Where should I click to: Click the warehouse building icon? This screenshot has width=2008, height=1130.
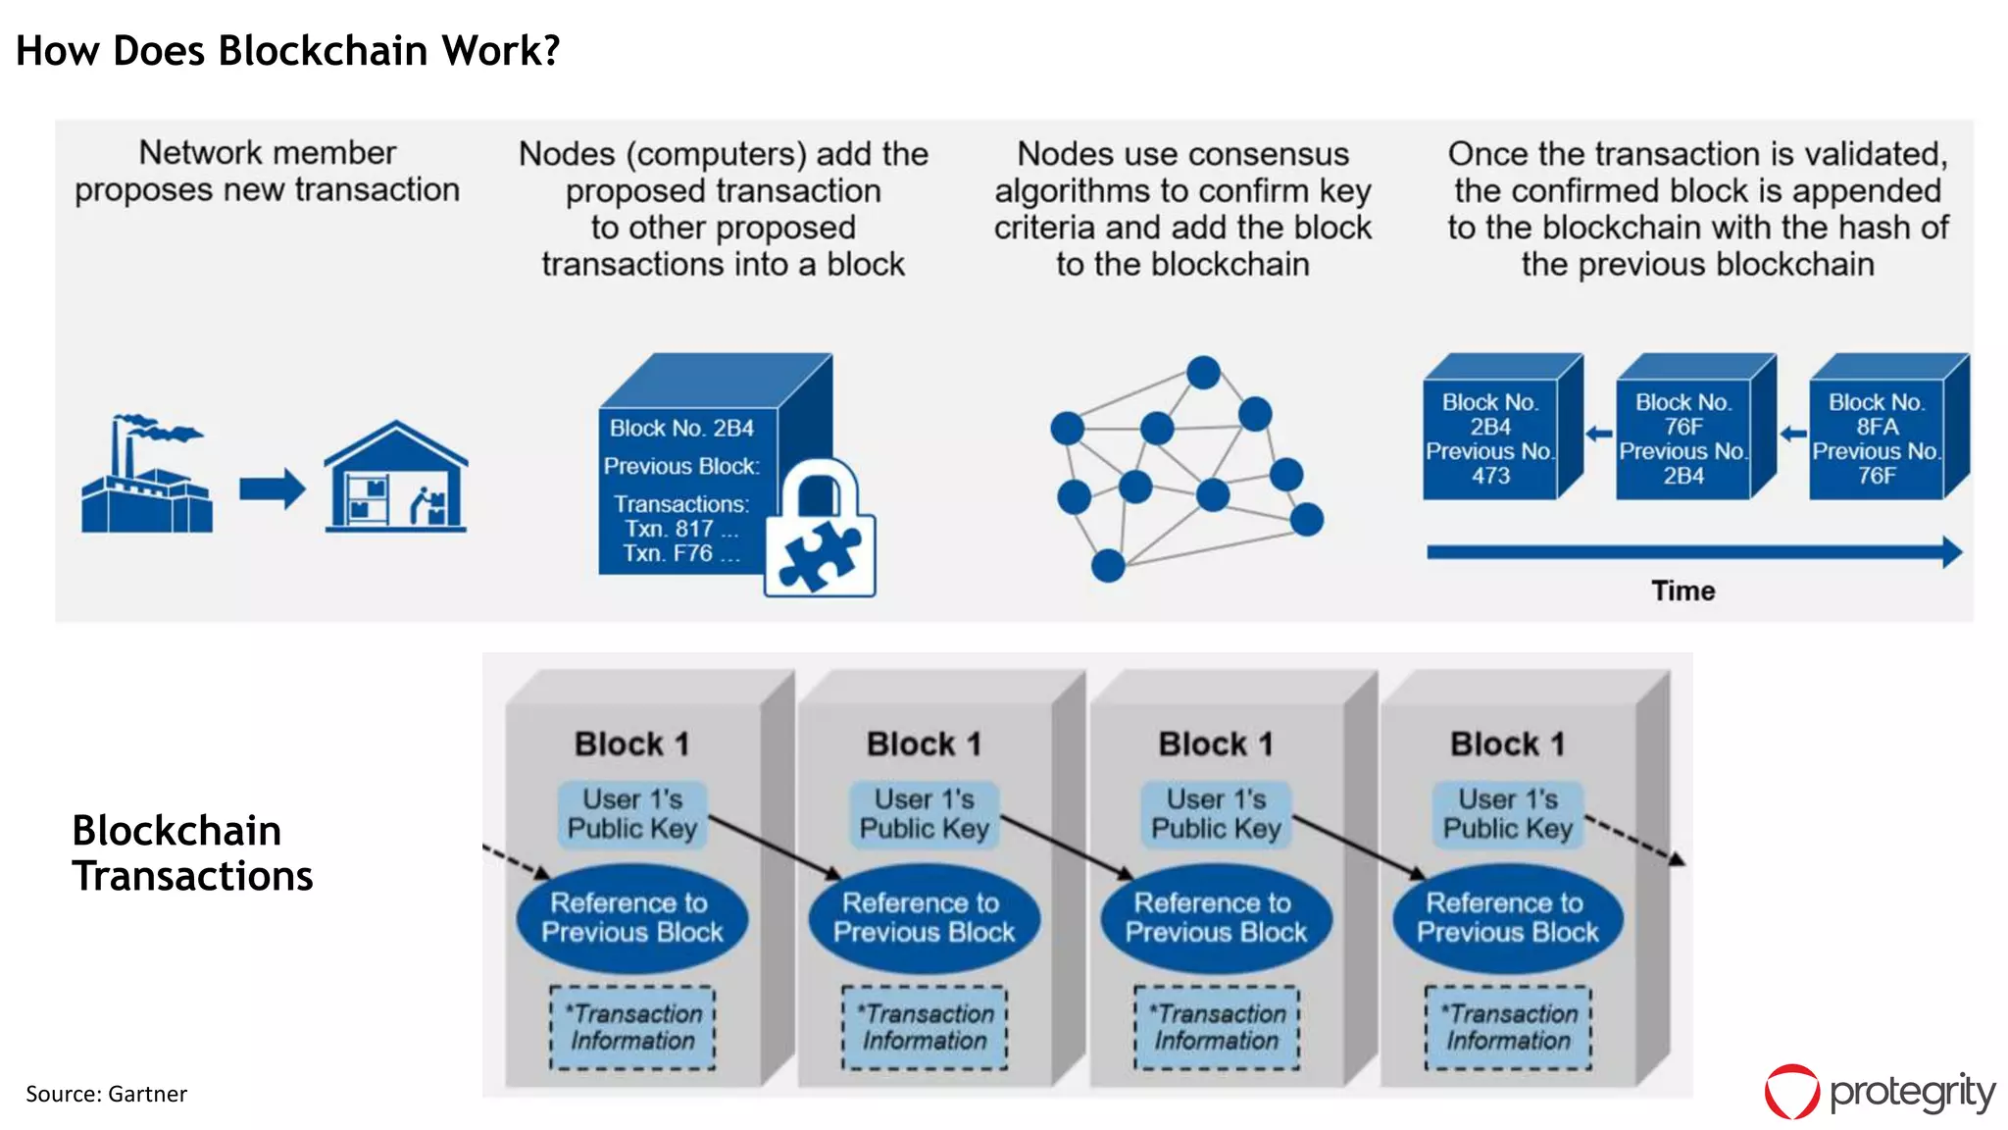click(396, 481)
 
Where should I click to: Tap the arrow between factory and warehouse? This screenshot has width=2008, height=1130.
click(272, 488)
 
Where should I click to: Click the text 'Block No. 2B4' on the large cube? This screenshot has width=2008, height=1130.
click(681, 429)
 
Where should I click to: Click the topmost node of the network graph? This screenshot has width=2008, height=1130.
click(1203, 373)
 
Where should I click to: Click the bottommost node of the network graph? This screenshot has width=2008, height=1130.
click(1108, 566)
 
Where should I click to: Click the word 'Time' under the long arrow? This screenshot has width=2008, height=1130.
click(1682, 591)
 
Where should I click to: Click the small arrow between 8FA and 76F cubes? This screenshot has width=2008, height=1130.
click(1793, 434)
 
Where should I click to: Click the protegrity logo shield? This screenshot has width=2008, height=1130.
click(1792, 1092)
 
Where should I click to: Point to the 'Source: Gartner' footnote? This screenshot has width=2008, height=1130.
click(106, 1094)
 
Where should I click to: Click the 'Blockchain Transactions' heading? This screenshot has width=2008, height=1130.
click(192, 852)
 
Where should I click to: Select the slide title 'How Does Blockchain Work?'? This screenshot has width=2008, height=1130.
click(287, 51)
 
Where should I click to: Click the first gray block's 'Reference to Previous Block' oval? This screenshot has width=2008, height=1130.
click(632, 917)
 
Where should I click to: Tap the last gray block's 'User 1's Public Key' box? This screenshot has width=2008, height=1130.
click(1508, 814)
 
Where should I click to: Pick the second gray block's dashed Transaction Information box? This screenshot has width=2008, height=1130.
click(925, 1027)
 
